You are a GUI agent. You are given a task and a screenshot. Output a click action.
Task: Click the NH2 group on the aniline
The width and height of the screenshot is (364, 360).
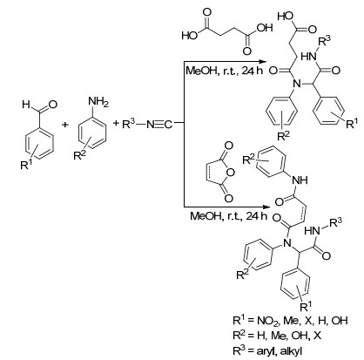pyautogui.click(x=98, y=103)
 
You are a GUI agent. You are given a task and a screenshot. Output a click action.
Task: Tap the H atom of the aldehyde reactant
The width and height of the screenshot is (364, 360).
pyautogui.click(x=26, y=105)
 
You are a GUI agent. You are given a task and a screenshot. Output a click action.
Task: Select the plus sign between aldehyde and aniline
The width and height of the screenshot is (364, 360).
pyautogui.click(x=65, y=125)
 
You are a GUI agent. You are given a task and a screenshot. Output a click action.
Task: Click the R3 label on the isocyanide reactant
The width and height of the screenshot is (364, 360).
pyautogui.click(x=129, y=124)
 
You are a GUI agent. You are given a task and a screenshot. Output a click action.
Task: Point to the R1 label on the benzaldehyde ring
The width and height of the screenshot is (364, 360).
pyautogui.click(x=26, y=165)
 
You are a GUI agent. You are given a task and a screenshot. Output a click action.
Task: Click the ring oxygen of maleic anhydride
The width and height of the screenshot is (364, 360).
pyautogui.click(x=230, y=173)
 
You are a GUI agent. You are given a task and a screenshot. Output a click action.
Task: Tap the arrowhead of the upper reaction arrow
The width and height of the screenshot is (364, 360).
pyautogui.click(x=264, y=62)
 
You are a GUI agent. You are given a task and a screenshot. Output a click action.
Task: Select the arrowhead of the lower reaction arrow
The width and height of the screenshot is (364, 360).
pyautogui.click(x=263, y=207)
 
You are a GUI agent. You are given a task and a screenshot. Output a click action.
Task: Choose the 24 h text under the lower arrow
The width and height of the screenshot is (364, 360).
pyautogui.click(x=256, y=216)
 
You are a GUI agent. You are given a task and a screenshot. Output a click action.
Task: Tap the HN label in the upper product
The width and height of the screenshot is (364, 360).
pyautogui.click(x=308, y=57)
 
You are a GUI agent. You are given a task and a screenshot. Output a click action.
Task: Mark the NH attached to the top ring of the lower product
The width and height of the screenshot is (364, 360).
pyautogui.click(x=300, y=180)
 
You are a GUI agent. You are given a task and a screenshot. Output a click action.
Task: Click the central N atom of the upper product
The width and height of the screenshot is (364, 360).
pyautogui.click(x=296, y=85)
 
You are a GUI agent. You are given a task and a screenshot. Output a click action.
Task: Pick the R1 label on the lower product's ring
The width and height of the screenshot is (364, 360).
pyautogui.click(x=306, y=306)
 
